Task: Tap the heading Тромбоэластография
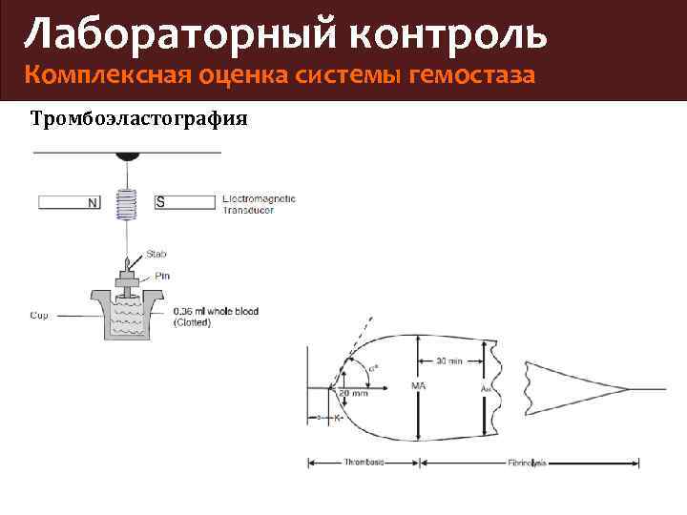pos(139,119)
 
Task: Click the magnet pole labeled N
pos(93,202)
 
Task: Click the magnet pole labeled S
pos(160,202)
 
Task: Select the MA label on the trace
pos(418,386)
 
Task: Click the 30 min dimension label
pos(448,360)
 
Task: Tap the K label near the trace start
pos(338,418)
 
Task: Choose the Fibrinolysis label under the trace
pos(526,463)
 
